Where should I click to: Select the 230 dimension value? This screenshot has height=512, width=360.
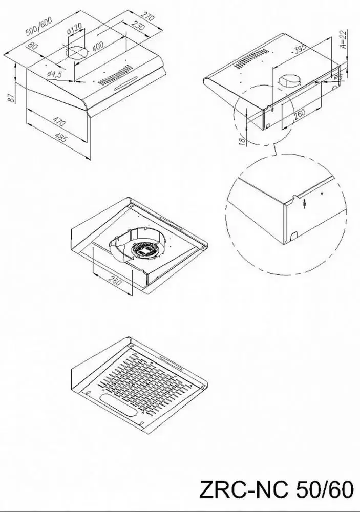(138, 26)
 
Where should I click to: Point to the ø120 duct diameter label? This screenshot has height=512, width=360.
(74, 28)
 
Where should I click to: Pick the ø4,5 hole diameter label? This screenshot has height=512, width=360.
(54, 74)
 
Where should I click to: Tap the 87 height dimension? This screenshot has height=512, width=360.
(11, 97)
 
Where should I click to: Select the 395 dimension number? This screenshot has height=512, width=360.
(300, 48)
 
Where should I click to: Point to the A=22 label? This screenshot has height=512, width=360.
(343, 39)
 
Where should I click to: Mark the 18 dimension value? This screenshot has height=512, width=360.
(242, 141)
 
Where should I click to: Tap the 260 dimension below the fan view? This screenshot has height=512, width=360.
(114, 280)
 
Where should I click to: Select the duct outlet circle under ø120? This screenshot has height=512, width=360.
(77, 53)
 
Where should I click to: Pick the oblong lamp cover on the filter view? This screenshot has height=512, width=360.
(118, 406)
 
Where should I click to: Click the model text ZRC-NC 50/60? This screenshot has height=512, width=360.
(277, 489)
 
